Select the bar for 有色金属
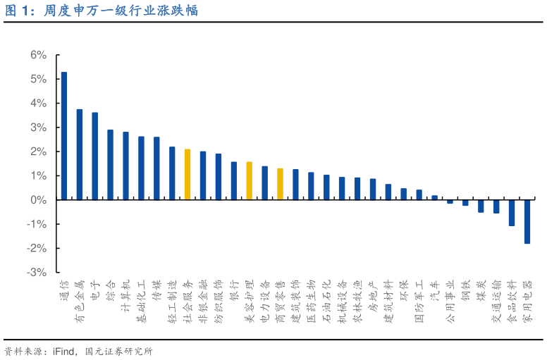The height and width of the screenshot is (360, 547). pyautogui.click(x=80, y=155)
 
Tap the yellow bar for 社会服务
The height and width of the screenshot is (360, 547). pyautogui.click(x=188, y=175)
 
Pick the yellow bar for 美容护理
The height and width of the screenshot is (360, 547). pyautogui.click(x=249, y=181)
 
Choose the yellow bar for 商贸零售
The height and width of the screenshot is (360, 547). pyautogui.click(x=280, y=184)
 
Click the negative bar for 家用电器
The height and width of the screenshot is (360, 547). pyautogui.click(x=527, y=222)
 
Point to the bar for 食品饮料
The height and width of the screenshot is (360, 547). pyautogui.click(x=511, y=213)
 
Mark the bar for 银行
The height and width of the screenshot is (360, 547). pyautogui.click(x=234, y=181)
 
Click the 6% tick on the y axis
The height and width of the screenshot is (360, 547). pyautogui.click(x=38, y=55)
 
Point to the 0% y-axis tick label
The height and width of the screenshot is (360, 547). pyautogui.click(x=38, y=200)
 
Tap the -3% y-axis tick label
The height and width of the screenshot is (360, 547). pyautogui.click(x=37, y=273)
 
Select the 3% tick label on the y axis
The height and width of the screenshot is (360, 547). pyautogui.click(x=38, y=128)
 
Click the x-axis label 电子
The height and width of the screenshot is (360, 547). pyautogui.click(x=95, y=290)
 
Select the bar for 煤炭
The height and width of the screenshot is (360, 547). pyautogui.click(x=481, y=206)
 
